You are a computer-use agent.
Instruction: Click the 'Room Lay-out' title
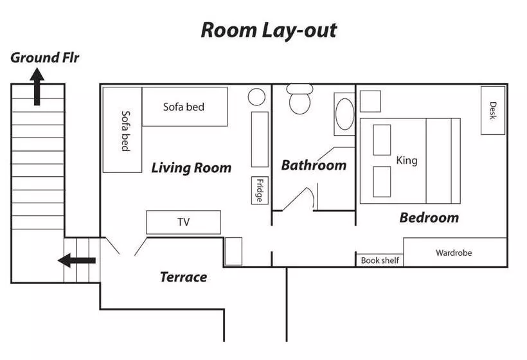coord(269,30)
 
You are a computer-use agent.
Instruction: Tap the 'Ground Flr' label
coord(44,58)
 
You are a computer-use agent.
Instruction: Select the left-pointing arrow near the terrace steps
coord(76,260)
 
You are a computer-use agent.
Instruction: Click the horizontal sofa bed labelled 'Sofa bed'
coord(184,107)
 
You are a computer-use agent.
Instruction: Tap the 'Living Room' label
coord(191,168)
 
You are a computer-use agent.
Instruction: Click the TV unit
coord(184,222)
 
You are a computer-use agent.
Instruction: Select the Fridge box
coord(259,190)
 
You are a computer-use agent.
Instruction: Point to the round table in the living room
coord(257,97)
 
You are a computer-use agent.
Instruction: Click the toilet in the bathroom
coord(299,100)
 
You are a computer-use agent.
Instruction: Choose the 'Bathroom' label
coord(314,165)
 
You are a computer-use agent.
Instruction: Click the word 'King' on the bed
coord(407,160)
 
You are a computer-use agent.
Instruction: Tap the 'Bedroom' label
coord(429,217)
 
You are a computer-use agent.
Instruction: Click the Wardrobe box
coord(454,253)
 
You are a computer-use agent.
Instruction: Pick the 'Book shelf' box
coord(379,260)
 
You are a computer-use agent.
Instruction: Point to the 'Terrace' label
coord(183,277)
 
